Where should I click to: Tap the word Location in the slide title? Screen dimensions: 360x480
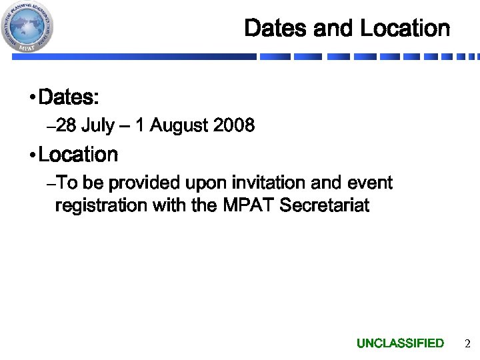click(x=405, y=29)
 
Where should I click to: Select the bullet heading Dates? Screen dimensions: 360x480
click(x=69, y=98)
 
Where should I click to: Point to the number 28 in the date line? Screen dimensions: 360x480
click(x=67, y=125)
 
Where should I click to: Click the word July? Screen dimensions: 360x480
click(x=97, y=125)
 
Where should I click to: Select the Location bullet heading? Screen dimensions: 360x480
click(x=78, y=155)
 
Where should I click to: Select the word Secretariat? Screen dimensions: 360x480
click(x=324, y=205)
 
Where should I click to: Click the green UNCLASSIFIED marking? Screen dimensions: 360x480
click(x=400, y=343)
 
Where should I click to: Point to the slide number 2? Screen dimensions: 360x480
click(x=467, y=344)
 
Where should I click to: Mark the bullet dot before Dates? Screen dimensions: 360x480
click(x=33, y=99)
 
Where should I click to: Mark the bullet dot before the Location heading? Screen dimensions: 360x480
click(x=33, y=156)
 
